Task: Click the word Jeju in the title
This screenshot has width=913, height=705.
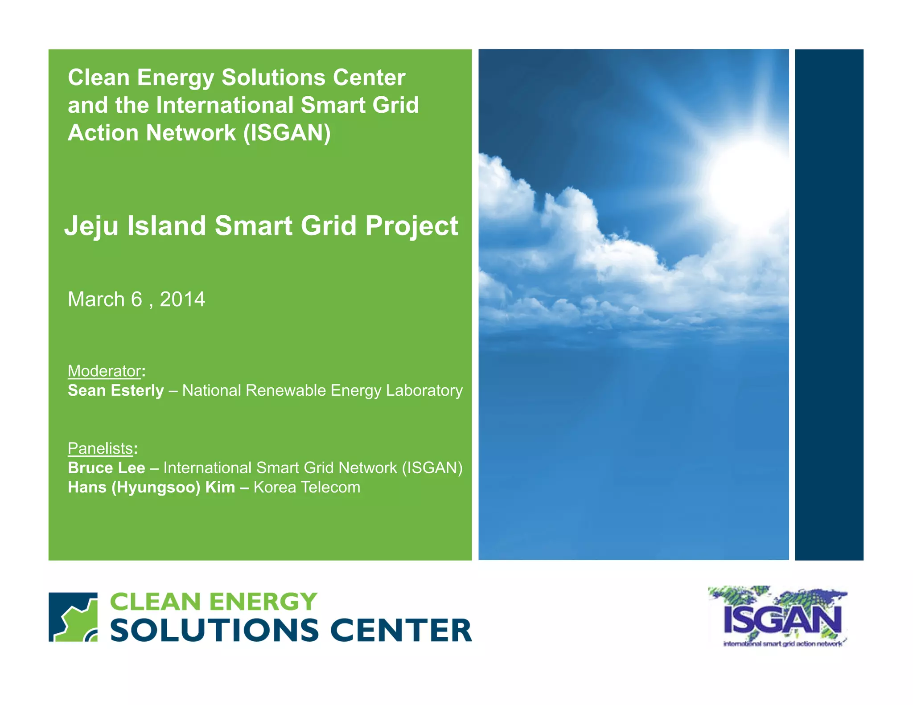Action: point(91,226)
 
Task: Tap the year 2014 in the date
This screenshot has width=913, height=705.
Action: point(182,299)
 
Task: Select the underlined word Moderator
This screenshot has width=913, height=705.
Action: point(104,371)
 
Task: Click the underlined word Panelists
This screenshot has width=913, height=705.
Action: point(100,448)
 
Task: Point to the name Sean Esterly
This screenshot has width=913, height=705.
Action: point(116,391)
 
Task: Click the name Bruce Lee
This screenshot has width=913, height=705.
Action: point(106,468)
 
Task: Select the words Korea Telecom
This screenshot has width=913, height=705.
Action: point(307,488)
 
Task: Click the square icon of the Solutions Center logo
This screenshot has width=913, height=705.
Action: point(73,617)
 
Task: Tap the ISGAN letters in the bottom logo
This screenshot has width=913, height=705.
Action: point(782,619)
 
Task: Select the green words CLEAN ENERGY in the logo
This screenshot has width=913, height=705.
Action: point(213,602)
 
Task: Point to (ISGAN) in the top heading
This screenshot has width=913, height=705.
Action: point(287,133)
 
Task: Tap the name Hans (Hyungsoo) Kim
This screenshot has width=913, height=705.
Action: point(151,488)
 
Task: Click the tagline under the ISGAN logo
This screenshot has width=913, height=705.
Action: point(782,644)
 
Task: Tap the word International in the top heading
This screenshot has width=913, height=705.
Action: point(225,106)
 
